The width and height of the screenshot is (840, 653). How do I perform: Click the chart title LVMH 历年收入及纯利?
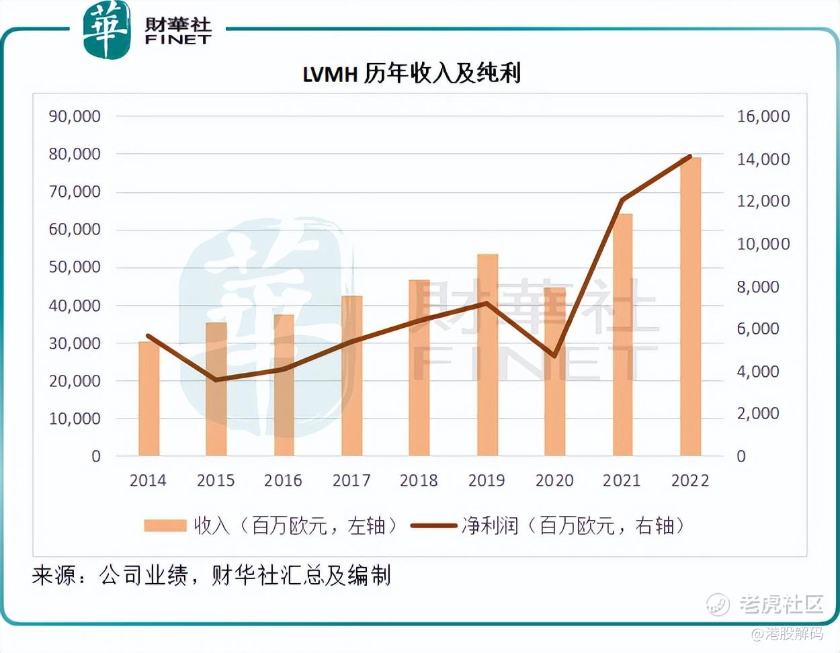click(x=411, y=73)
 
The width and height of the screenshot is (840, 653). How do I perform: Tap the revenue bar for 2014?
click(x=149, y=398)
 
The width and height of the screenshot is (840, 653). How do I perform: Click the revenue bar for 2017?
click(x=351, y=376)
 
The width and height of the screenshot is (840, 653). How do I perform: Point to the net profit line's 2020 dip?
click(x=554, y=355)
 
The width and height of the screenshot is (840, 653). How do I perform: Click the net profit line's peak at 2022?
click(x=689, y=157)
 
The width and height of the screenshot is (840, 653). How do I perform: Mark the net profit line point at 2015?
click(x=216, y=380)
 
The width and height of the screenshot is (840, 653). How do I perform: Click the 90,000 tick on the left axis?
click(x=75, y=116)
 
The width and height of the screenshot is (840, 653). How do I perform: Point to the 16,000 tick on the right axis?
click(x=763, y=116)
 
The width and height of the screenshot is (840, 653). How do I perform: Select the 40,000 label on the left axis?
click(x=75, y=306)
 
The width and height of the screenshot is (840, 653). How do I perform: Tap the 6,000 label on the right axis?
click(x=757, y=329)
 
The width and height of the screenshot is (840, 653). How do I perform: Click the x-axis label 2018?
click(x=418, y=480)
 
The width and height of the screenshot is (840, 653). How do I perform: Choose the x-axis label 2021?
click(x=622, y=480)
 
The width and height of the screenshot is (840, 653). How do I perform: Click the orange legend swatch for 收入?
click(x=165, y=525)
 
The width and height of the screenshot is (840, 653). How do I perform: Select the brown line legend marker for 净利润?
click(x=433, y=525)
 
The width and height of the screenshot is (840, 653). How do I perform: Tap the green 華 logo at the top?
click(x=106, y=30)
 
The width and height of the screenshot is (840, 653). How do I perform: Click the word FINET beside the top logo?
click(x=177, y=40)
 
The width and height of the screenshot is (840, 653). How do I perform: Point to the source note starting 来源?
click(x=210, y=575)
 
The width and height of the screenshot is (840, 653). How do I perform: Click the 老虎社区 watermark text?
click(x=781, y=604)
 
